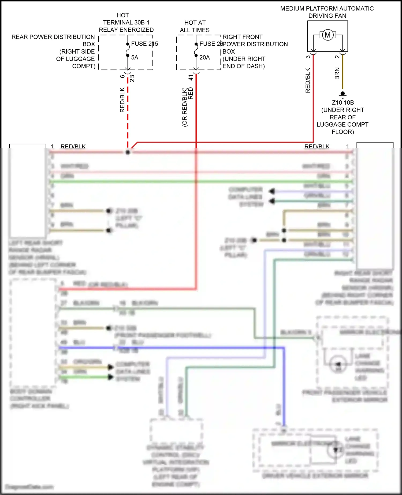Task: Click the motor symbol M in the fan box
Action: coord(327,35)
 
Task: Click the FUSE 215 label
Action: coord(144,44)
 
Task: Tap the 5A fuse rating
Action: coord(135,57)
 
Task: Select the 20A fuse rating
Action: coord(204,57)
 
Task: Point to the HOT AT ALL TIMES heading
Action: coord(195,26)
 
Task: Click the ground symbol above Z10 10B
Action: coord(343,94)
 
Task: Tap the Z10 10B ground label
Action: coord(343,103)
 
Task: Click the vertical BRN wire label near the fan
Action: coord(337,73)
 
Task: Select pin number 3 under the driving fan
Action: coord(308,57)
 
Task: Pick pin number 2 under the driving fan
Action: coord(337,57)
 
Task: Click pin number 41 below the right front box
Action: coord(191,77)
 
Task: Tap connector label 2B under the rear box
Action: coord(132,78)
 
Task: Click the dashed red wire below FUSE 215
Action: coord(128,113)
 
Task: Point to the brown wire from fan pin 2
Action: coord(343,72)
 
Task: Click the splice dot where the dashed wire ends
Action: coord(128,152)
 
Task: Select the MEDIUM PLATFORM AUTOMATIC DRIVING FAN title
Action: coord(327,12)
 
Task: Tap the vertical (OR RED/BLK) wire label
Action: coord(184,107)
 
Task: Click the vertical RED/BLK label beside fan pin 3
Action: coord(308,80)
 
